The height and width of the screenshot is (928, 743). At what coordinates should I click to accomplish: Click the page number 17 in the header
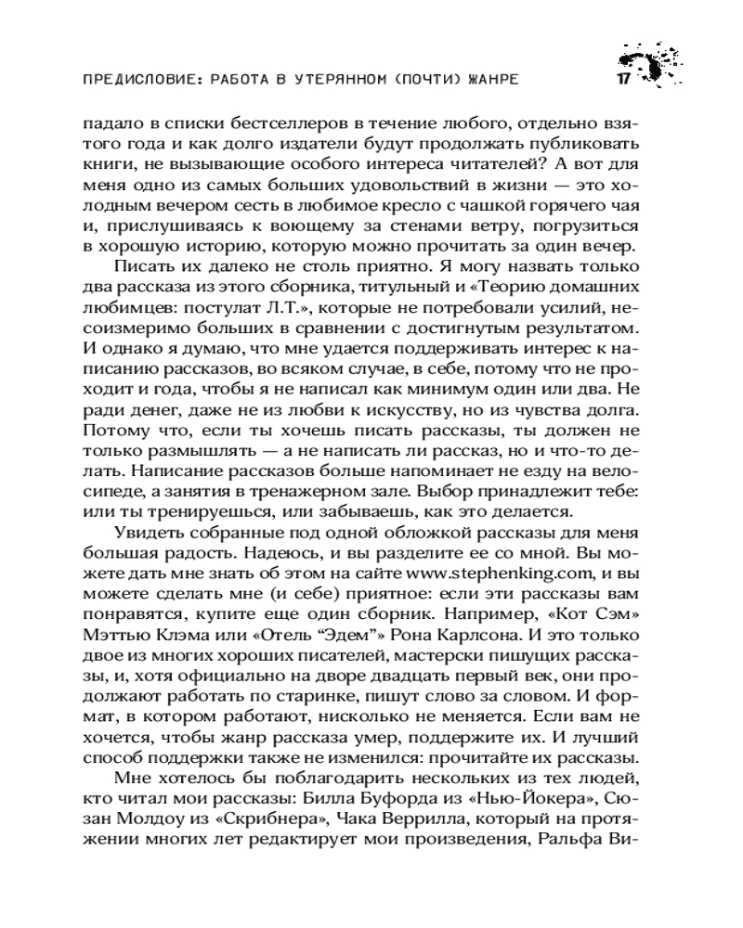click(622, 79)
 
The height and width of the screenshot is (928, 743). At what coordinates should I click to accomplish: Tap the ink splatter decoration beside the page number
click(656, 67)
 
